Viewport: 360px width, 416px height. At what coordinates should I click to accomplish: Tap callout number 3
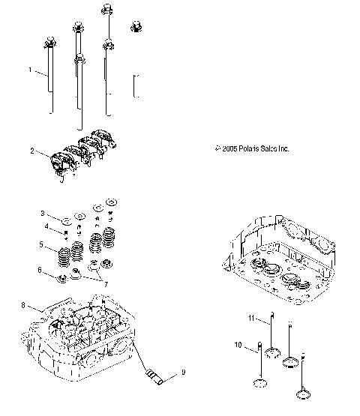42,214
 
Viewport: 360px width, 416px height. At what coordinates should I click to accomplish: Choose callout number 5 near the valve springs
42,244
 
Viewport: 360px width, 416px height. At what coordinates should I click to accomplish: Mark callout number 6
42,269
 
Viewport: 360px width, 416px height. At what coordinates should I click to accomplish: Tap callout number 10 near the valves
238,346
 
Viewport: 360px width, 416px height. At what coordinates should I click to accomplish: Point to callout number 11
253,319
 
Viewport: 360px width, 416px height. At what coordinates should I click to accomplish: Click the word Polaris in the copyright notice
247,149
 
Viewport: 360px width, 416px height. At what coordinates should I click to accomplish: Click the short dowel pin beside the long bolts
136,85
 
